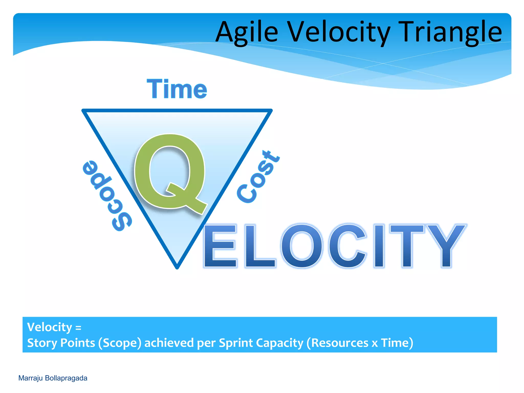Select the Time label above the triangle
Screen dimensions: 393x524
tap(177, 89)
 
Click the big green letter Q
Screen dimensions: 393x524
tap(170, 173)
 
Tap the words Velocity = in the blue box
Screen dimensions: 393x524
tap(54, 327)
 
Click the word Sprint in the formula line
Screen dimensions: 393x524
tap(236, 343)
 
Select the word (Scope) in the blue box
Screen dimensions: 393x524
tap(120, 343)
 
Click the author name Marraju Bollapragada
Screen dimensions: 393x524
tap(53, 378)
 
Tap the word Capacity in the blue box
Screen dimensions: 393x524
tap(279, 343)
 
